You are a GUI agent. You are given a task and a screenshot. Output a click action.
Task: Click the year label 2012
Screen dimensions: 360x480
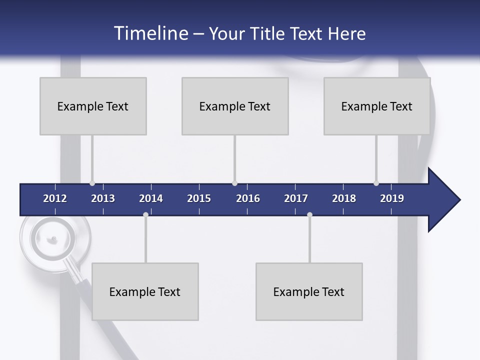[55, 198]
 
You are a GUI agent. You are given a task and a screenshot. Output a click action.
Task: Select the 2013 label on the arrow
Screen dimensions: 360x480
[103, 198]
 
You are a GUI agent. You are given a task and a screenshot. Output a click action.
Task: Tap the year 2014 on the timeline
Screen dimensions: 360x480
[151, 198]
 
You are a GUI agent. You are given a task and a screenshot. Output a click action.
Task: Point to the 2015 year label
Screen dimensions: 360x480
[199, 198]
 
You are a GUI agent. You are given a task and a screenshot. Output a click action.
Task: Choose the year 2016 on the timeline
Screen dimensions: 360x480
[248, 198]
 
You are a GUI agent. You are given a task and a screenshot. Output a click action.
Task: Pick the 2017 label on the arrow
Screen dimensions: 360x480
[296, 198]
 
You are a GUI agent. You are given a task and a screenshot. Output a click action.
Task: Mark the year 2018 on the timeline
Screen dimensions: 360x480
[344, 198]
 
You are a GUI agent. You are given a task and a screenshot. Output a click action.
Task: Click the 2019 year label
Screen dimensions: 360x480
[392, 198]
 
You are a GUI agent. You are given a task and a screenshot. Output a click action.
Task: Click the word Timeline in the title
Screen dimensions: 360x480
[150, 33]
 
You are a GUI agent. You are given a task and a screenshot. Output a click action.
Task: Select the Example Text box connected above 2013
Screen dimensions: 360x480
[93, 106]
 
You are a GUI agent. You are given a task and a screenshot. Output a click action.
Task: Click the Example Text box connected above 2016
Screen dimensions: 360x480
[235, 106]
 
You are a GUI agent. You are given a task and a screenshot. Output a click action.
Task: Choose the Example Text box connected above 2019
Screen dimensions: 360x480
[377, 106]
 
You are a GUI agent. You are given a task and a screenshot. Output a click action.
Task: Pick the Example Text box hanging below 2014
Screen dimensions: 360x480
[145, 291]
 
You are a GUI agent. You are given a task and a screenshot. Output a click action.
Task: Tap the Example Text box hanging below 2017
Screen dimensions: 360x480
[309, 291]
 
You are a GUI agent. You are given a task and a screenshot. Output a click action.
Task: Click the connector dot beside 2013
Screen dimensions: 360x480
[92, 183]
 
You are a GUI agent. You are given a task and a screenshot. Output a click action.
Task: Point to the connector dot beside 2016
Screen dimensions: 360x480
[235, 183]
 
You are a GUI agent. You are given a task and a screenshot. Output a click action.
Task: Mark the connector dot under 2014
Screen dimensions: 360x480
[145, 215]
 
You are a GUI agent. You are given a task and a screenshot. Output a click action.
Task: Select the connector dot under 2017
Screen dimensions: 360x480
[309, 215]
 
